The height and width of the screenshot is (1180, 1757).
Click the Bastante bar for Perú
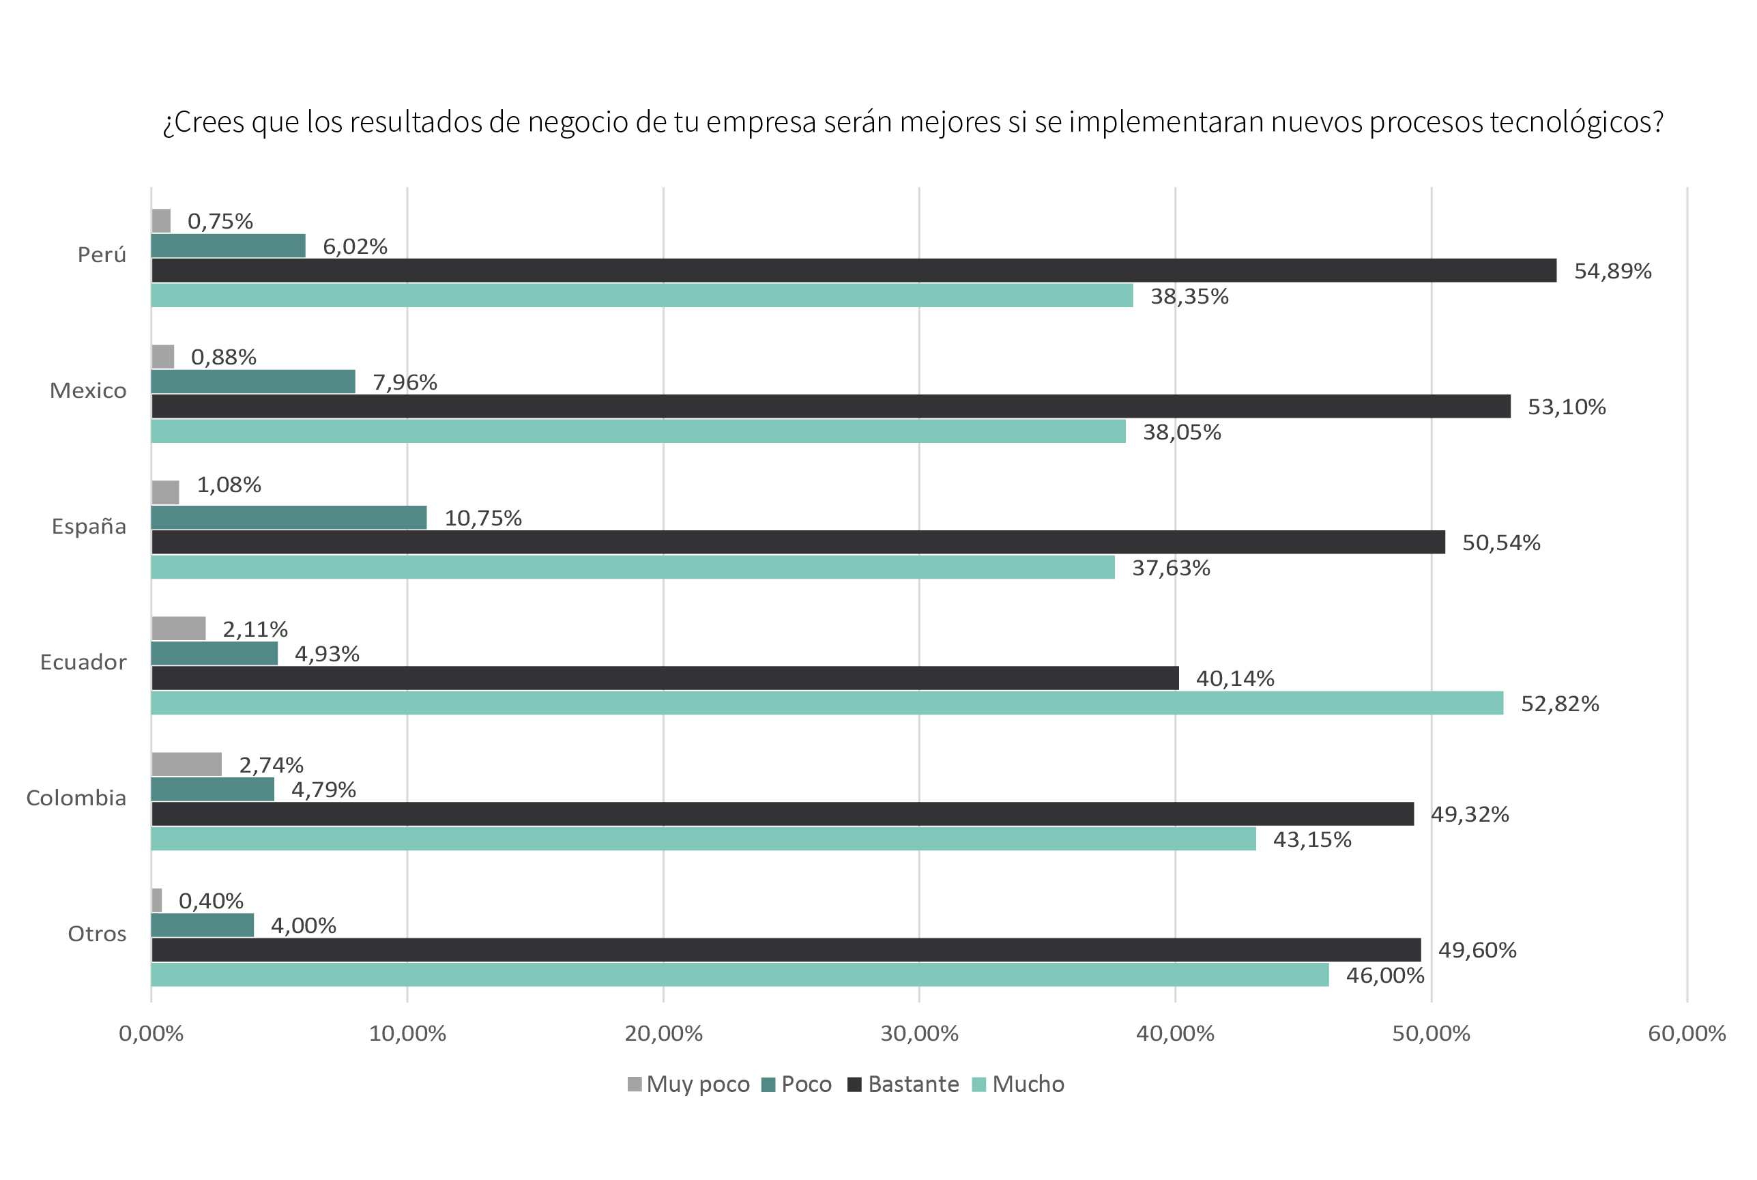[854, 270]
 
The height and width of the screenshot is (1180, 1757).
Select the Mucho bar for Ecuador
[827, 703]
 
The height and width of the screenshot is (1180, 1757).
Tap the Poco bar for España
[289, 517]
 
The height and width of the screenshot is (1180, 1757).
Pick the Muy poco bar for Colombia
[186, 764]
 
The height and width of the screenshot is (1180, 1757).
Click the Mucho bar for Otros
[740, 975]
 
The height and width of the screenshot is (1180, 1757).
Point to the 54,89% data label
[1612, 271]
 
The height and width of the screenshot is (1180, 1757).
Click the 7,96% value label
[405, 382]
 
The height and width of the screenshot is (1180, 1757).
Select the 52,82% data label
[1559, 704]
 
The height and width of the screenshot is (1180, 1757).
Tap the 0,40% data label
[211, 901]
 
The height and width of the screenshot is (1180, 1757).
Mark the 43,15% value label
[1311, 840]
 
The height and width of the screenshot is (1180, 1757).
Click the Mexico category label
[88, 390]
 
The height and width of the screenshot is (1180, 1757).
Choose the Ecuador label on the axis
[83, 662]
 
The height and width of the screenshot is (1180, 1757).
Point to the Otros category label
[97, 934]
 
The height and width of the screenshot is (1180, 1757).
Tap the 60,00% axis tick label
[1686, 1033]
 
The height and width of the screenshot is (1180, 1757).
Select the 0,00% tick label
[151, 1033]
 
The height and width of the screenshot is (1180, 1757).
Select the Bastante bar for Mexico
[830, 406]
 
